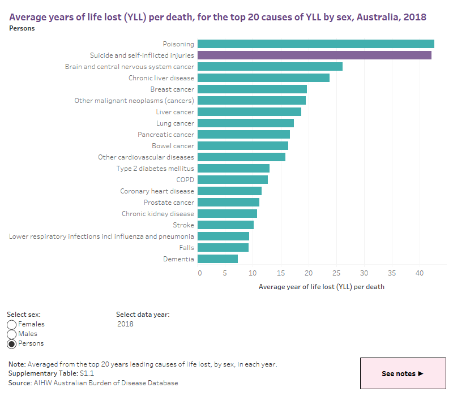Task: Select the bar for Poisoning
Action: point(316,44)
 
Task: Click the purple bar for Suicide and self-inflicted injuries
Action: point(314,55)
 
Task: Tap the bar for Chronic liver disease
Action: point(263,78)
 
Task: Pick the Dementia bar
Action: point(217,259)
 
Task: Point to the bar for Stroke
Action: point(225,225)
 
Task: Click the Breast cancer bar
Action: point(252,89)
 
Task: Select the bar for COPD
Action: point(233,180)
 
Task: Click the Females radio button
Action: point(12,325)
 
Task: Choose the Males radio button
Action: point(12,334)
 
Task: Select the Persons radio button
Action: point(12,344)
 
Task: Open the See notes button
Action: point(402,373)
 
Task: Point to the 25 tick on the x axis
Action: point(337,273)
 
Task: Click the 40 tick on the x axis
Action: point(420,273)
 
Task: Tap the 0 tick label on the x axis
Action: point(199,273)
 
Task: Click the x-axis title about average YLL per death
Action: point(321,287)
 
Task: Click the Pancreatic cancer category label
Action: point(166,135)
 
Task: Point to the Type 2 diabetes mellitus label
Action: point(155,169)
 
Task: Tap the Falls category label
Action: point(186,248)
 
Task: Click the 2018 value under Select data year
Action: point(126,324)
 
